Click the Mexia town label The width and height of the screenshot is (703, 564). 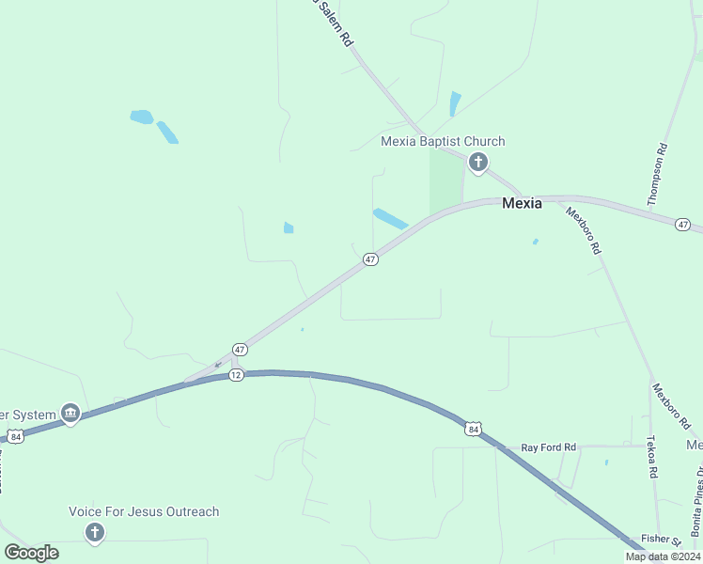coord(522,202)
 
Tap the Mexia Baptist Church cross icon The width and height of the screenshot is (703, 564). coord(477,164)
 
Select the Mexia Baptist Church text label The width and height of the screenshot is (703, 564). coord(443,142)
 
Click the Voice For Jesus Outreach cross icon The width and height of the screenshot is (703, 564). coord(94,533)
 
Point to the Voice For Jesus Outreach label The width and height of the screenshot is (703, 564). coord(144,512)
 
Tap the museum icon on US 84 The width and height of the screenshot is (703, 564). coord(70,413)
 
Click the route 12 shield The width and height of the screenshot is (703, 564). coord(236,375)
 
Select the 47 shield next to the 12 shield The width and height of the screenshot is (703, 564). coord(240,349)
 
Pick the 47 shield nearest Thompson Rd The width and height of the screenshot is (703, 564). coord(683,225)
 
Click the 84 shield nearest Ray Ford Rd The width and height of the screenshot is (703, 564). coord(473,430)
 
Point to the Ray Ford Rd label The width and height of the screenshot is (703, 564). coord(549,447)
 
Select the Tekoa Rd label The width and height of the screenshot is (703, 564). coord(652,458)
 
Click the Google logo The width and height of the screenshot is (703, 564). coord(32,553)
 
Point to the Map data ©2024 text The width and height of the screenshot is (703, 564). coord(663,556)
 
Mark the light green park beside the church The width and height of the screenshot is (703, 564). coord(446,180)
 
